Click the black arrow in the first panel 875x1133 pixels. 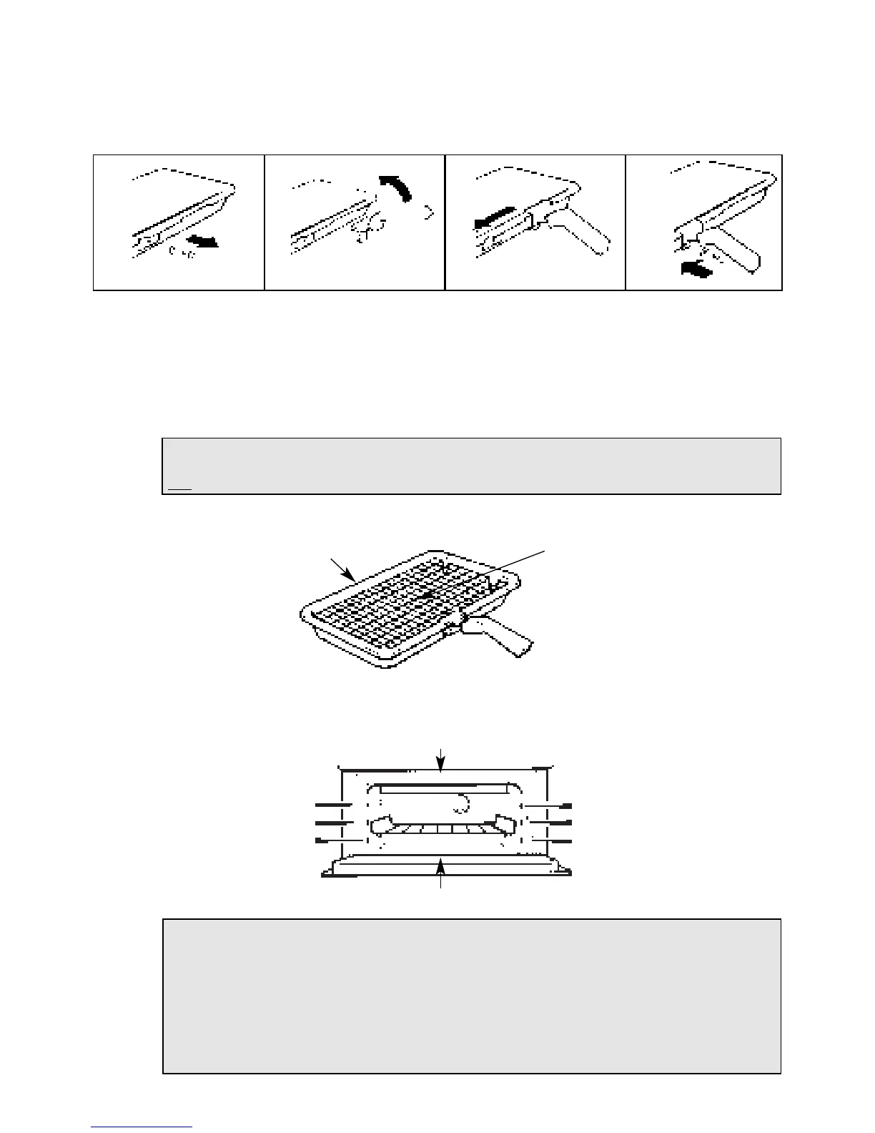pyautogui.click(x=202, y=244)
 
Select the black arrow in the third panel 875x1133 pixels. pyautogui.click(x=494, y=217)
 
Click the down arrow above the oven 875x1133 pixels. pyautogui.click(x=442, y=760)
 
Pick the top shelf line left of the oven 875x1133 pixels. pyautogui.click(x=333, y=805)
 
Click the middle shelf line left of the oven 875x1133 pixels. pyautogui.click(x=333, y=823)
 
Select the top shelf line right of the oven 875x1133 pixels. pyautogui.click(x=553, y=805)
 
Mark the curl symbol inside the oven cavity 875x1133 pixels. pyautogui.click(x=459, y=805)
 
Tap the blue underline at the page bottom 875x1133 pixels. pyautogui.click(x=142, y=1127)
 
